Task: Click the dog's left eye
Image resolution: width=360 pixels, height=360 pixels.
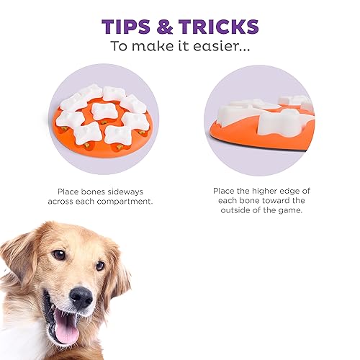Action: pos(58,255)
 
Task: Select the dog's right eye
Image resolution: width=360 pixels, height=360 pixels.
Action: pos(99,266)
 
